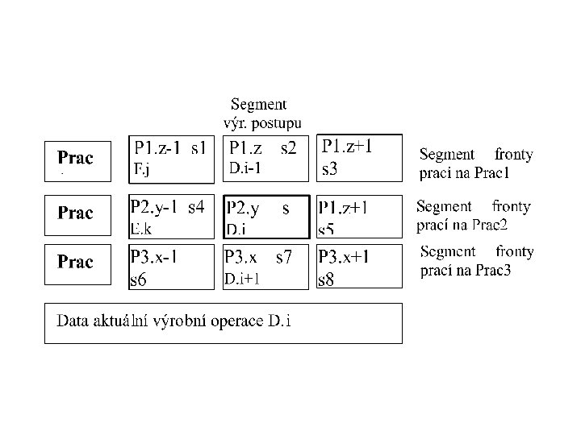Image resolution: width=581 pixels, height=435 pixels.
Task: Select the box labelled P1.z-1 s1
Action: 171,159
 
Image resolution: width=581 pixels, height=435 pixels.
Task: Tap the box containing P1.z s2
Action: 265,159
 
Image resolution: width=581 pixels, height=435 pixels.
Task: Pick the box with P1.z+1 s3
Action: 359,158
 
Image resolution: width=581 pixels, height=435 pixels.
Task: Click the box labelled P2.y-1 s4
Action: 171,216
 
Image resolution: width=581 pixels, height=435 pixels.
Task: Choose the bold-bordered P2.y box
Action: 265,217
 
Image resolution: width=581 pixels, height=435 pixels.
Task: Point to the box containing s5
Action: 359,217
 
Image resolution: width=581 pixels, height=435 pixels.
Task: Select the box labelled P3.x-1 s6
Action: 171,267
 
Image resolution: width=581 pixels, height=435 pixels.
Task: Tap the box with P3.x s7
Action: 265,267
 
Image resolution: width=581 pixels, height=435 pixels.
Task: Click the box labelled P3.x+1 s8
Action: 359,267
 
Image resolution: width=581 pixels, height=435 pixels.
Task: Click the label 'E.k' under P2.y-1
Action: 141,229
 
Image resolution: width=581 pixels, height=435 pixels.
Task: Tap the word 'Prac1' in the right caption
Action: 492,173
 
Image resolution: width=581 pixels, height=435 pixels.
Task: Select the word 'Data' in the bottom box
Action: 71,322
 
